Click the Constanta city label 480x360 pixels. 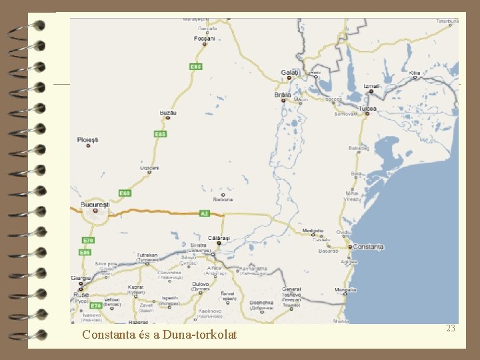(369, 247)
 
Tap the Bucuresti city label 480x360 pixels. (95, 204)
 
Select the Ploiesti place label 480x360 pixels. (88, 139)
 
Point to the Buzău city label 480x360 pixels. (168, 113)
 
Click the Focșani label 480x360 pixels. (205, 39)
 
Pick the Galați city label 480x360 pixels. (290, 72)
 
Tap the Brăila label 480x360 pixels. (283, 95)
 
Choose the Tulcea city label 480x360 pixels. (367, 108)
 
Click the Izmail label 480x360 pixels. (372, 87)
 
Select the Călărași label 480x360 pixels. (219, 238)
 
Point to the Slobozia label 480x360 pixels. (223, 199)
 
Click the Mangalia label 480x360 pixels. (345, 290)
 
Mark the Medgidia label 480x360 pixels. (313, 231)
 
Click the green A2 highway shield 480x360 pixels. (205, 213)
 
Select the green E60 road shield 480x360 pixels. (123, 193)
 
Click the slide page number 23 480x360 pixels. (451, 328)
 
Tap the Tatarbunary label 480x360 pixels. (447, 21)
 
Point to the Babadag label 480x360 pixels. (359, 148)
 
